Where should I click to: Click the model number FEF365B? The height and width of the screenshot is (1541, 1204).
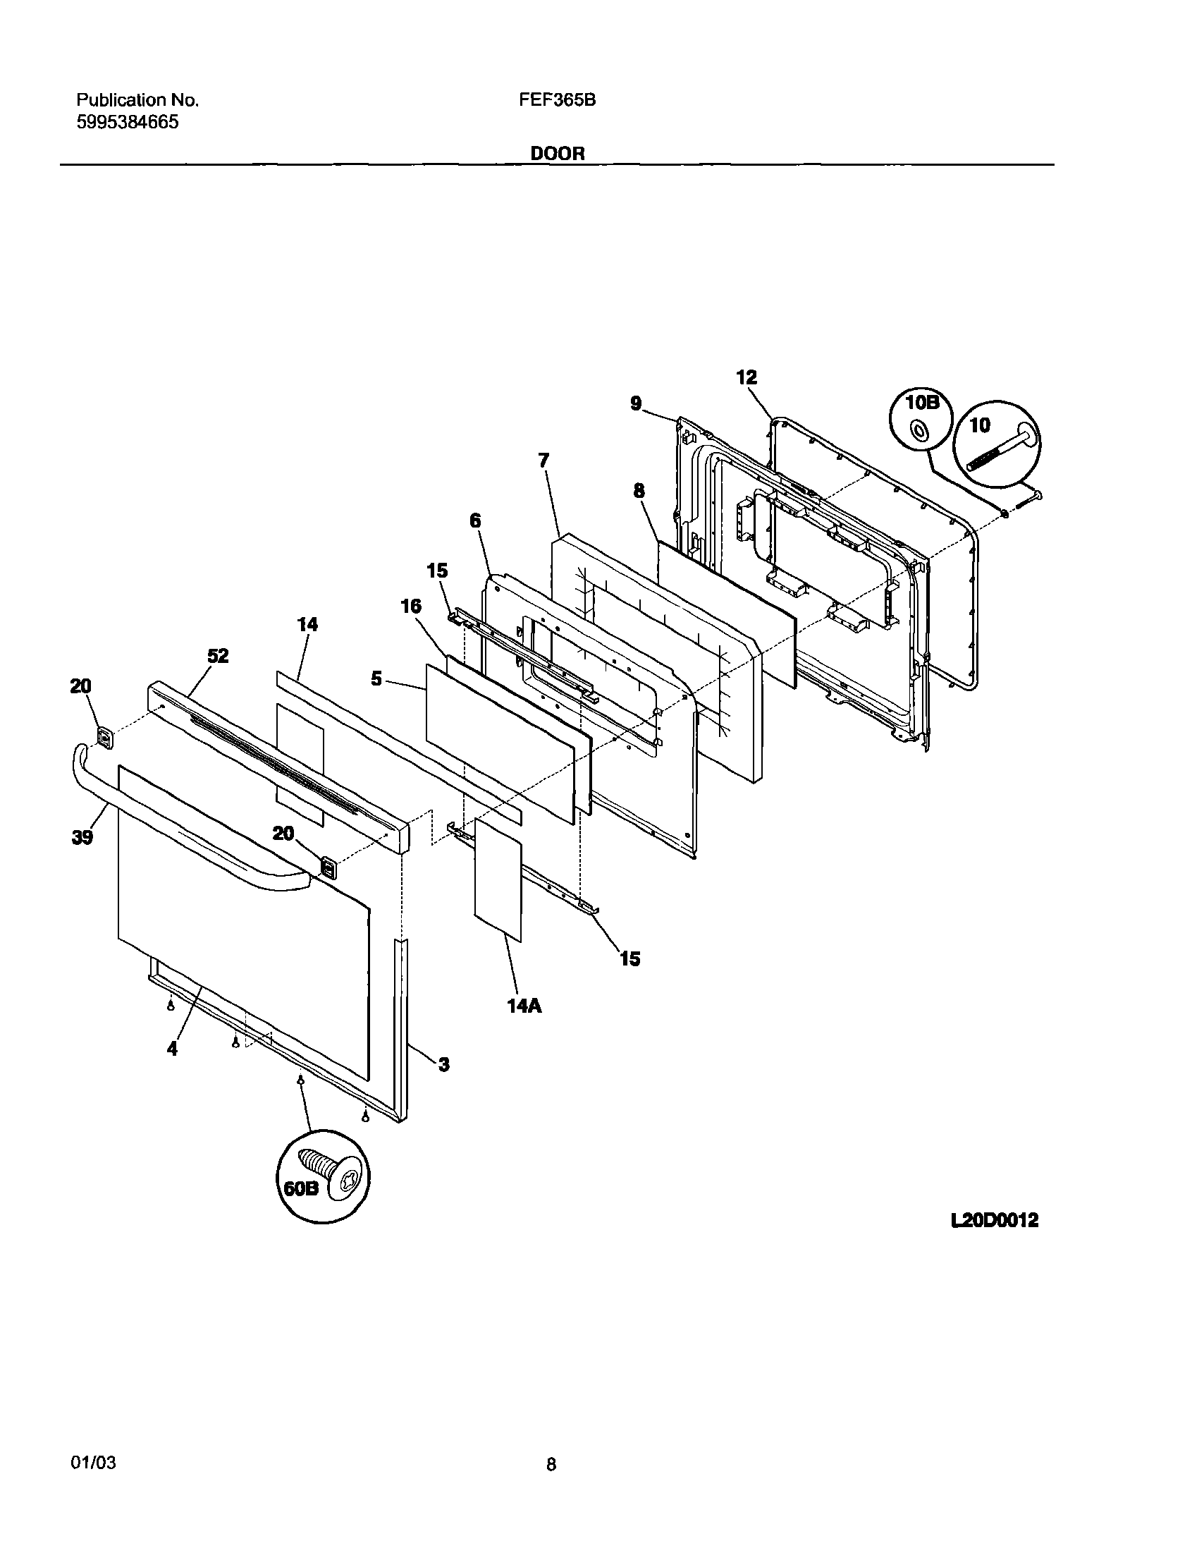click(x=557, y=100)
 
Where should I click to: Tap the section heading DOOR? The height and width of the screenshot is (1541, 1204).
click(x=557, y=153)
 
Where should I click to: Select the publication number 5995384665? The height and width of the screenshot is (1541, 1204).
click(x=127, y=122)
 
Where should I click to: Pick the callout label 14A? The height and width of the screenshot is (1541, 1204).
click(x=524, y=1006)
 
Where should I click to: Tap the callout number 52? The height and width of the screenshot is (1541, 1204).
click(x=218, y=656)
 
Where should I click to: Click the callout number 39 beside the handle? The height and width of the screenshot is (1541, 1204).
click(x=82, y=838)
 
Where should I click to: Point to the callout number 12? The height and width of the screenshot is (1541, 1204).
click(x=747, y=377)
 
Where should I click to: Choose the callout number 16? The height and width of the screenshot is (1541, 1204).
click(x=410, y=606)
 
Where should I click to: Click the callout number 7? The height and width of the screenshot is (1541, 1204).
click(x=543, y=461)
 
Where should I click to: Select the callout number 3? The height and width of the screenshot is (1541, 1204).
click(x=443, y=1064)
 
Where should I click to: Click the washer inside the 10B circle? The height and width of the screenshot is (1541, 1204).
click(x=919, y=429)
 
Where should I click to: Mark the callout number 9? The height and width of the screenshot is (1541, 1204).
click(x=637, y=403)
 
